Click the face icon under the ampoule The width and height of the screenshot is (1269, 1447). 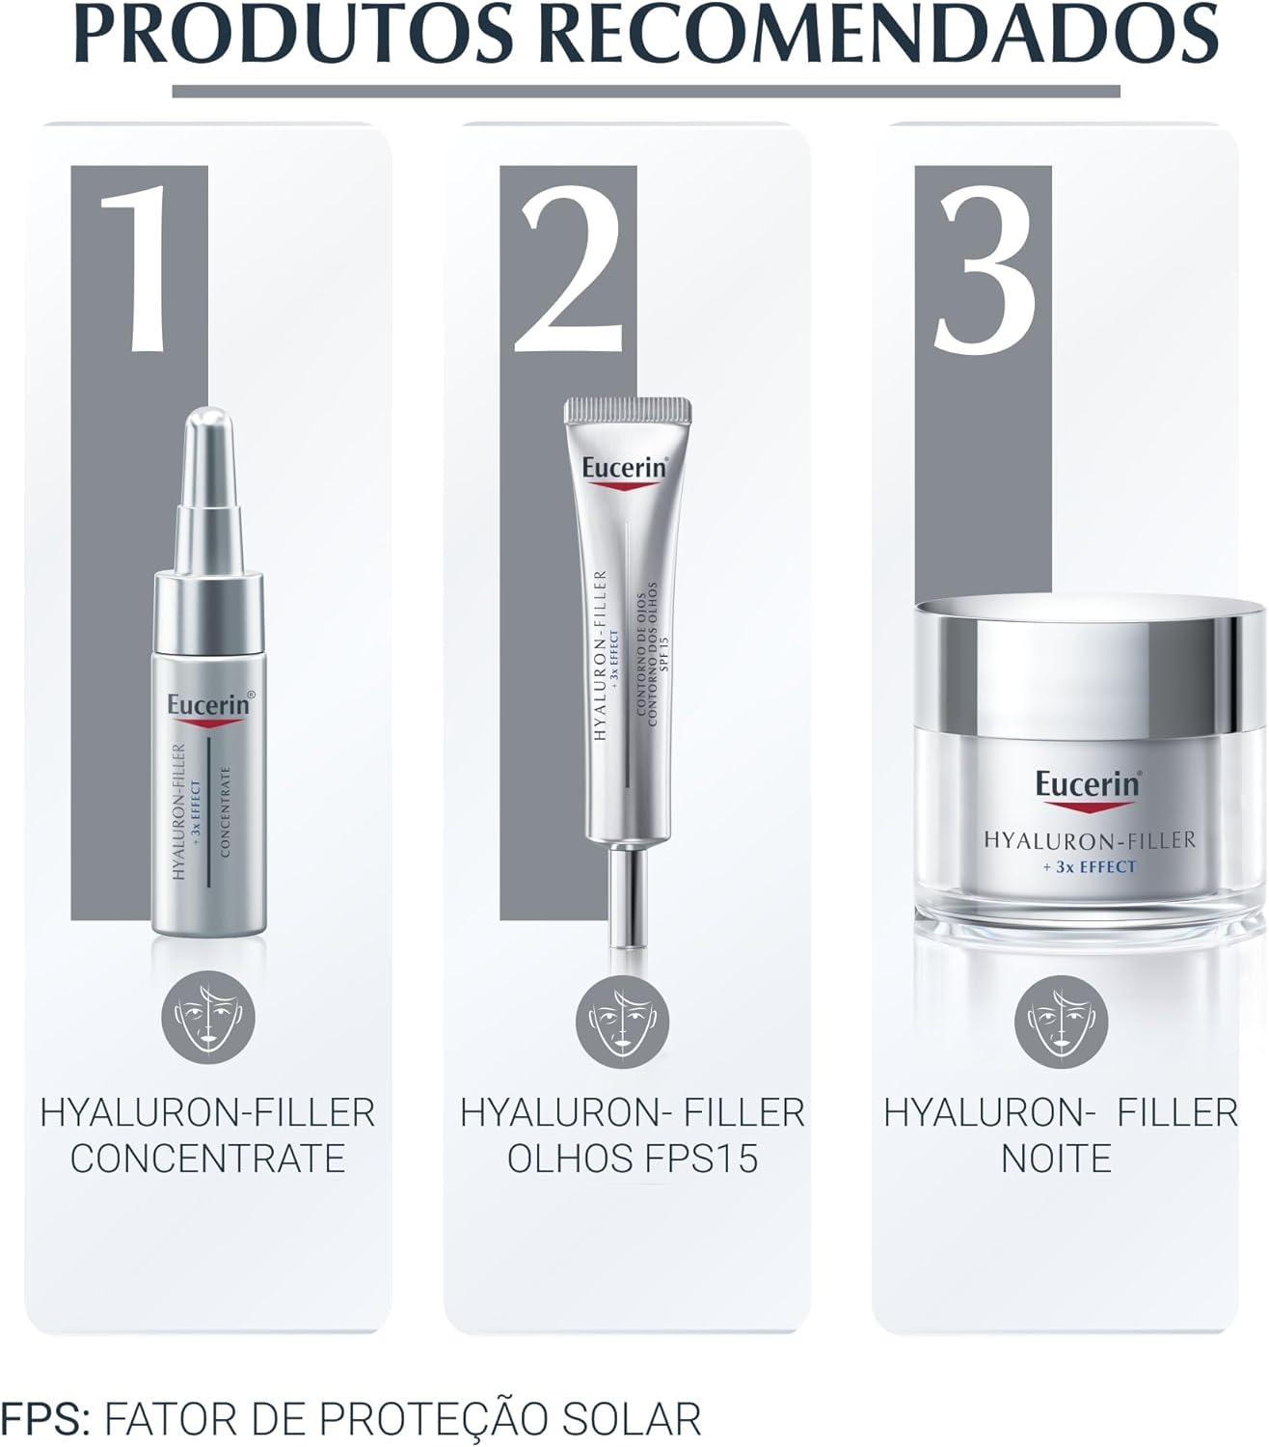(208, 1015)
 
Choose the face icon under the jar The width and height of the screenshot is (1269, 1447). (1061, 1022)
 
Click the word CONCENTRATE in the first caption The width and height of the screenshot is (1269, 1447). (208, 1159)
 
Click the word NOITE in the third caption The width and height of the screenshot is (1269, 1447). (1056, 1159)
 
